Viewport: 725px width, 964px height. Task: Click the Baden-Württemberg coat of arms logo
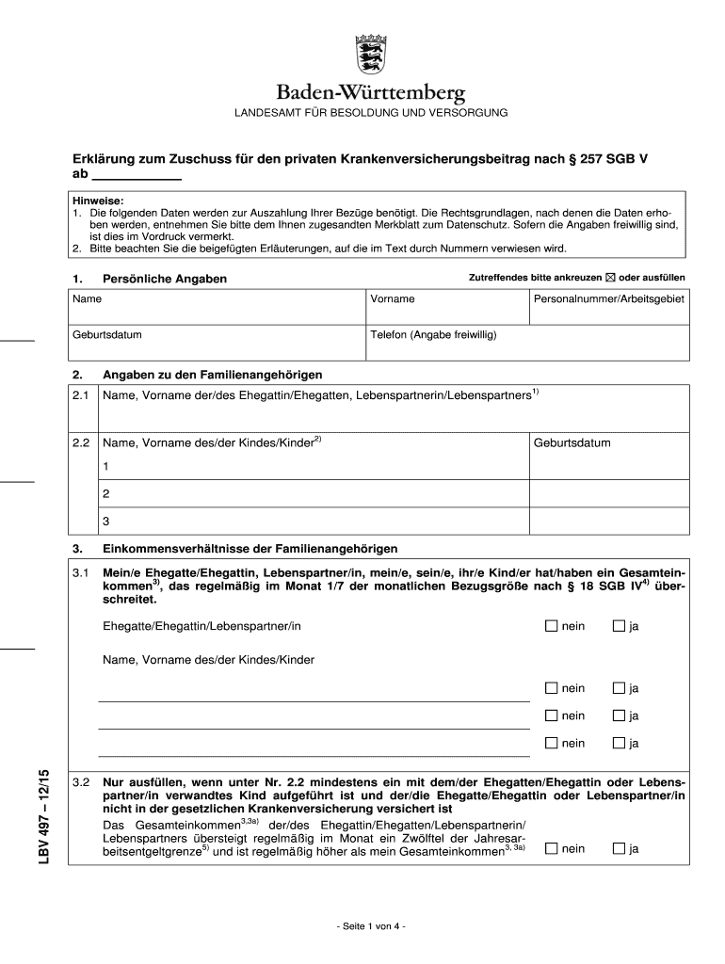(x=370, y=56)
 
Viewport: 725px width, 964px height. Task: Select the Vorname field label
(x=393, y=298)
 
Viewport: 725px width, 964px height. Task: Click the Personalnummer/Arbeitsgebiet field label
(x=609, y=298)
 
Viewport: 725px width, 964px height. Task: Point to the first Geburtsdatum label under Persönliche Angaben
(x=107, y=334)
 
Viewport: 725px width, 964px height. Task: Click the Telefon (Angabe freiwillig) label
(x=433, y=334)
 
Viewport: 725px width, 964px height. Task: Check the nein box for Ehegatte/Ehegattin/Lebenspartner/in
(x=552, y=626)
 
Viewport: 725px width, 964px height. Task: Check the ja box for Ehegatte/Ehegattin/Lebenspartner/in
(x=619, y=626)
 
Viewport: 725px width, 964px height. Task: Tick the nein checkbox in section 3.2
(x=552, y=848)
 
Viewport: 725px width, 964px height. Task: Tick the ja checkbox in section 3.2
(x=619, y=848)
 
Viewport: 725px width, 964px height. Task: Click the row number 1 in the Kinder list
(x=106, y=466)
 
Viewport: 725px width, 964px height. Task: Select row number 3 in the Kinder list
(x=106, y=521)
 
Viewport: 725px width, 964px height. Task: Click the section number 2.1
(x=81, y=394)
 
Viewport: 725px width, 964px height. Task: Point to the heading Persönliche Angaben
(x=165, y=279)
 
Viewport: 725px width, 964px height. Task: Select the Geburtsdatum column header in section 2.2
(x=572, y=442)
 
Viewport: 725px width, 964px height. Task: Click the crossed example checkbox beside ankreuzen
(x=609, y=278)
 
